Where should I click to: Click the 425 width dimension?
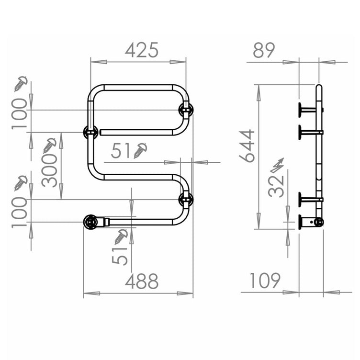pyautogui.click(x=141, y=50)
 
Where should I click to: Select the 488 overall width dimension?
pyautogui.click(x=141, y=282)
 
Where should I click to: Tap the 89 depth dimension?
pyautogui.click(x=264, y=50)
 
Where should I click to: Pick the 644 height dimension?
pyautogui.click(x=247, y=146)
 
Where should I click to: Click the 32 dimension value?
pyautogui.click(x=276, y=185)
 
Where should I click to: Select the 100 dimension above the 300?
pyautogui.click(x=21, y=113)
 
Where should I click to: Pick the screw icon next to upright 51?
pyautogui.click(x=141, y=150)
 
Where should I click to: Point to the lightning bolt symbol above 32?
pyautogui.click(x=277, y=165)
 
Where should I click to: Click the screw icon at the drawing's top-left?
pyautogui.click(x=21, y=83)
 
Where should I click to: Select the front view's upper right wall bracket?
pyautogui.click(x=186, y=110)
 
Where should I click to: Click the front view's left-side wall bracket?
pyautogui.click(x=90, y=132)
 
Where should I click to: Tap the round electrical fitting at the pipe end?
pyautogui.click(x=90, y=222)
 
